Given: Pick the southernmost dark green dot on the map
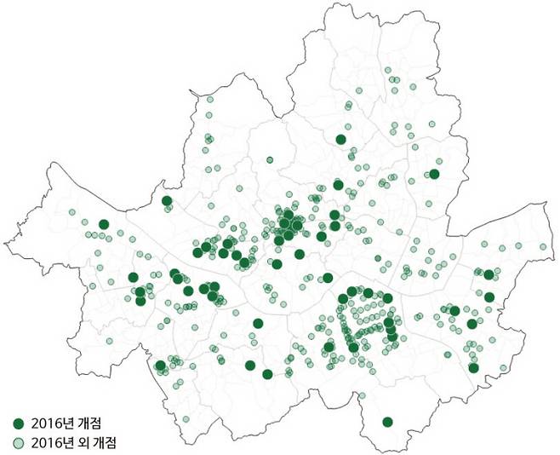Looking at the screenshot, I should click(x=388, y=422).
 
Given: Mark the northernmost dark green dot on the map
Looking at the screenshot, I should click(x=341, y=140).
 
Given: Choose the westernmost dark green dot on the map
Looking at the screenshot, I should click(x=104, y=225).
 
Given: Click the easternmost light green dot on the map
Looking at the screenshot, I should click(x=543, y=247).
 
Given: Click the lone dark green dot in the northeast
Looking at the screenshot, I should click(x=434, y=175).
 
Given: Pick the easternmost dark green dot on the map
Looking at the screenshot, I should click(x=490, y=274).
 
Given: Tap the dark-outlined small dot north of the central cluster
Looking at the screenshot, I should click(x=270, y=159).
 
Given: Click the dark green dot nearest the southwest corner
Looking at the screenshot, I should click(x=160, y=366).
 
